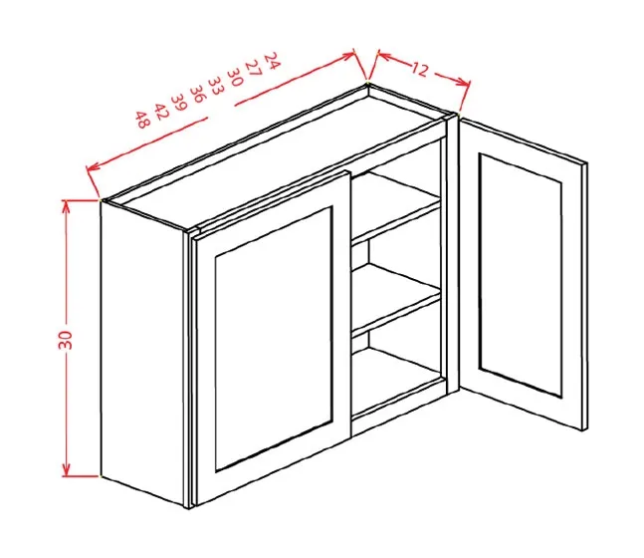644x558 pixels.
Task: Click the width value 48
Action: click(x=142, y=120)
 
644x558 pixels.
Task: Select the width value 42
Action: click(x=161, y=111)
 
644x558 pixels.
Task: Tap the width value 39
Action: click(x=179, y=102)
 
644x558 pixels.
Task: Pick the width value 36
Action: click(x=198, y=94)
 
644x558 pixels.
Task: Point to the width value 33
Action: click(x=216, y=85)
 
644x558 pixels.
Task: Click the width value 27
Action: click(x=253, y=69)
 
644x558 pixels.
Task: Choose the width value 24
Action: click(x=271, y=60)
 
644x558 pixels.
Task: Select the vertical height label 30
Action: click(x=66, y=339)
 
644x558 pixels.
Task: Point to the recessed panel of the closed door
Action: click(x=273, y=339)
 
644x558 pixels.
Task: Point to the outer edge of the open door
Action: click(x=584, y=296)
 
